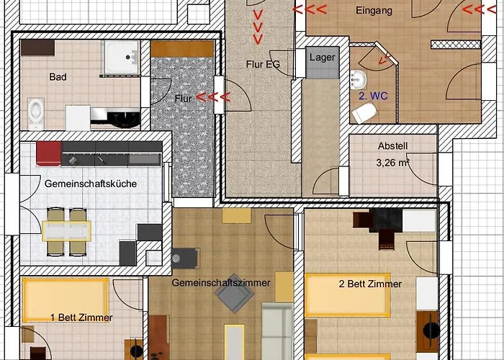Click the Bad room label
coord(58,76)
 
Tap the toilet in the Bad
coord(37,110)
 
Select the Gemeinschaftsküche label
coord(91,184)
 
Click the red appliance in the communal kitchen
coord(48,153)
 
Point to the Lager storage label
coord(321,57)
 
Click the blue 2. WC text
coord(373,94)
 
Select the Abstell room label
coord(392,145)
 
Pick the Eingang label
coord(374,11)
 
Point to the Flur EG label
coord(262,64)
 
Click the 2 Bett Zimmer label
coord(370,284)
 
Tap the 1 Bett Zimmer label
coord(81,318)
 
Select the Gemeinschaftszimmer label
coord(220,283)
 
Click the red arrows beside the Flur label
coord(213,97)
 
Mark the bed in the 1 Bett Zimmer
coord(66,299)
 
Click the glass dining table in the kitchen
coord(66,230)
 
